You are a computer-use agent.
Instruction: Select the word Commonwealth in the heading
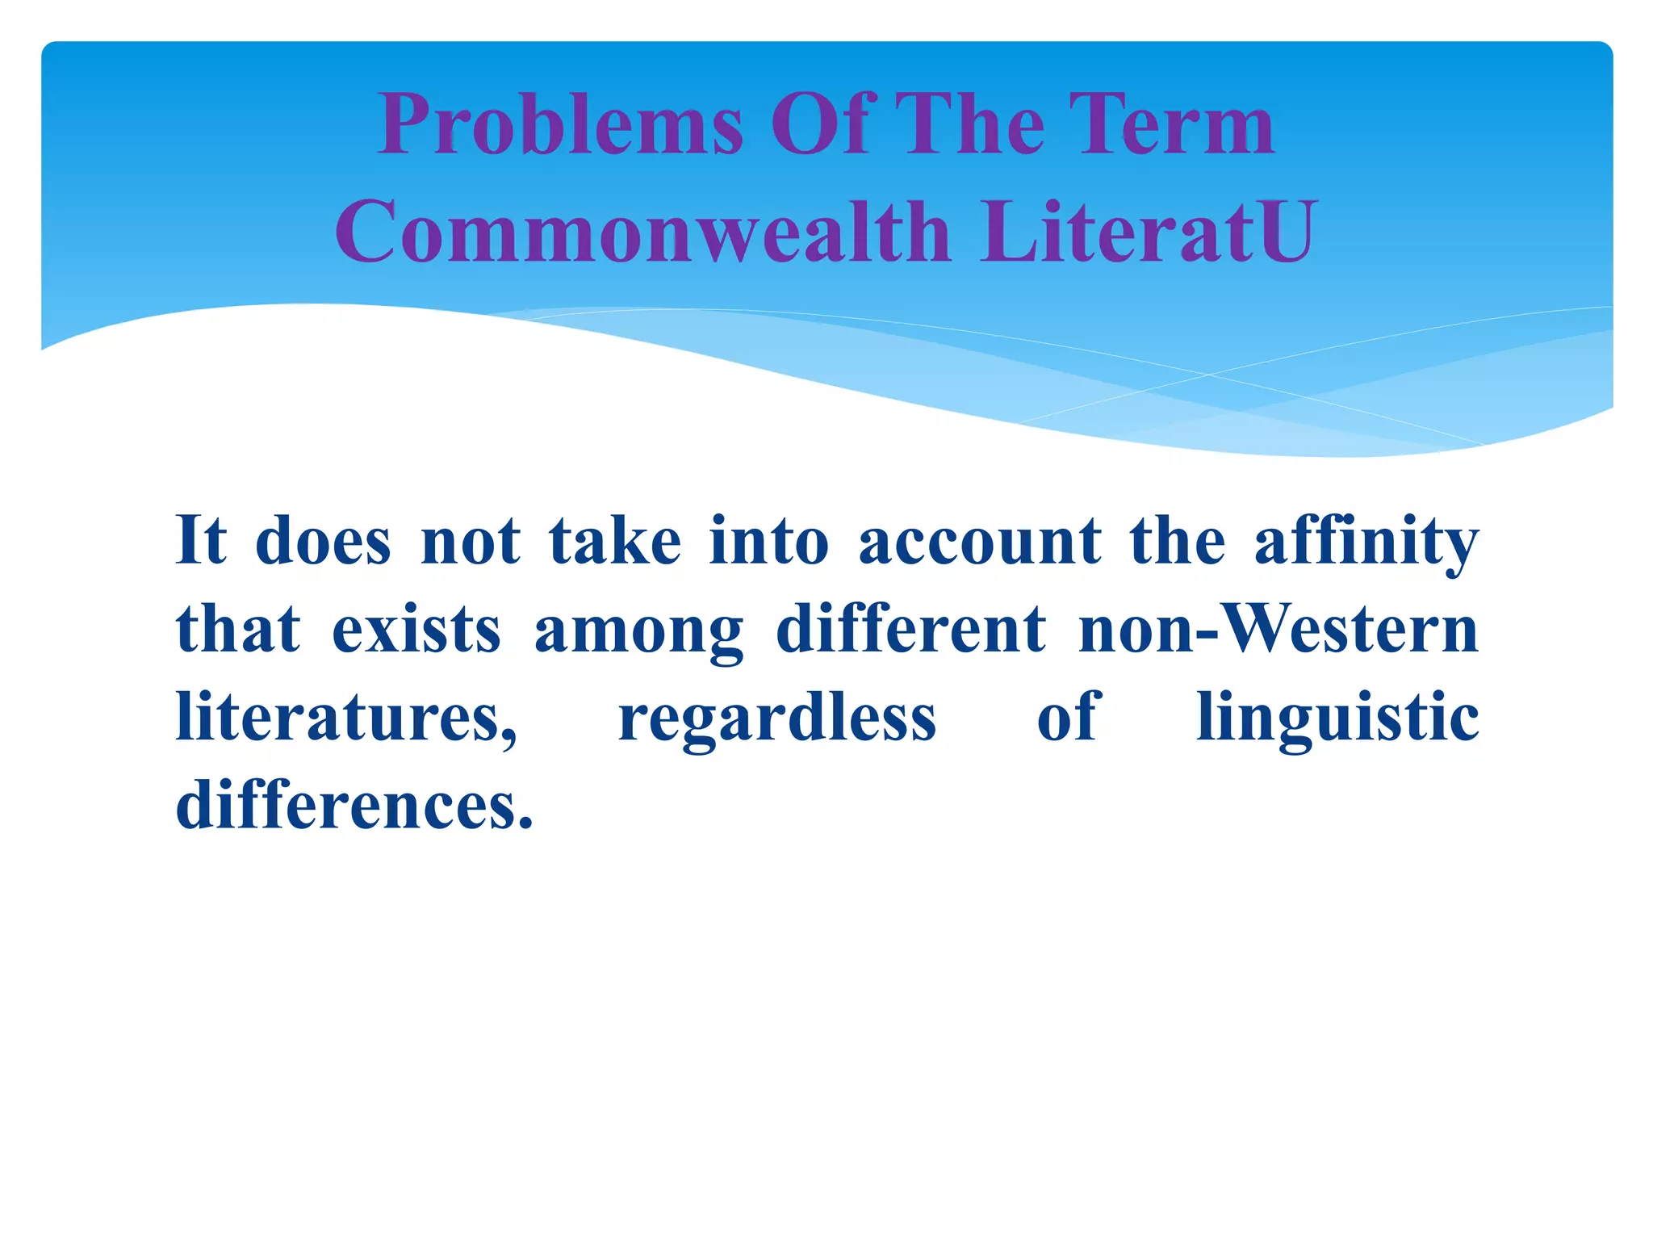coord(642,232)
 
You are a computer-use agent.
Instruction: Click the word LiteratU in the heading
coord(1148,232)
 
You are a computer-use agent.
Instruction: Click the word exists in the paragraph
coord(416,630)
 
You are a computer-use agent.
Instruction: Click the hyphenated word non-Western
coord(1278,630)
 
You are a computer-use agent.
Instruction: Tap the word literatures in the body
coord(345,718)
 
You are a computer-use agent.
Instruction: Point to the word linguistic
coord(1337,718)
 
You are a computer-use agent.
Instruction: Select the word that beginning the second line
coord(238,630)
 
